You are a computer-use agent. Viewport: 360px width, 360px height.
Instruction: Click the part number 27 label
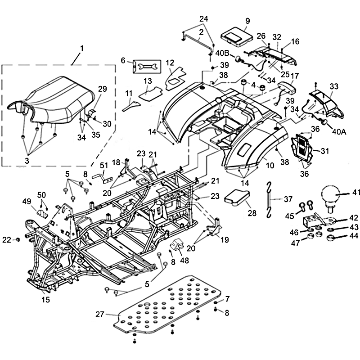pyautogui.click(x=100, y=315)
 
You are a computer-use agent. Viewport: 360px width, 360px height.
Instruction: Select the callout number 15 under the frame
pyautogui.click(x=46, y=299)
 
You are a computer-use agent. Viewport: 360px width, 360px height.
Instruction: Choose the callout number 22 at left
pyautogui.click(x=6, y=240)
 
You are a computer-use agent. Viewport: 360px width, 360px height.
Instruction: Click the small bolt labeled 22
pyautogui.click(x=18, y=240)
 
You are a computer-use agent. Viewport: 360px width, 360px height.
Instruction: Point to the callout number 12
pyautogui.click(x=170, y=63)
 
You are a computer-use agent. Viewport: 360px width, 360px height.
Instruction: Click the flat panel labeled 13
pyautogui.click(x=150, y=93)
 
